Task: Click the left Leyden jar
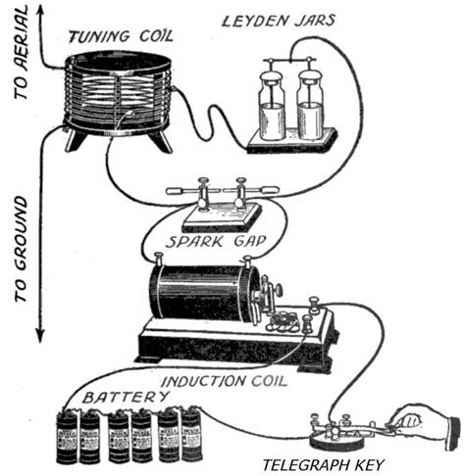tap(272, 108)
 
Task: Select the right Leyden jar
tap(311, 108)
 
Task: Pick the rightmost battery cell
tap(191, 436)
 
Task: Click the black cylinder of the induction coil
tap(196, 294)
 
